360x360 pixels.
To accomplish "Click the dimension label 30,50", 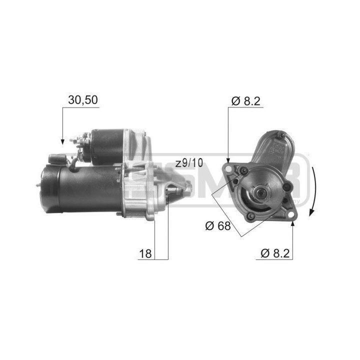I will pos(83,99).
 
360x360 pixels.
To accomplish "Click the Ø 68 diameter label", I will pos(217,226).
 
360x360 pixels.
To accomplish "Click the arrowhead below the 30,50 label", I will pos(62,141).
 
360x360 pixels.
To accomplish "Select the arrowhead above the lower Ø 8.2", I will pos(292,224).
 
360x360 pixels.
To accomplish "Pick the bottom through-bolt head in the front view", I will pos(251,216).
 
